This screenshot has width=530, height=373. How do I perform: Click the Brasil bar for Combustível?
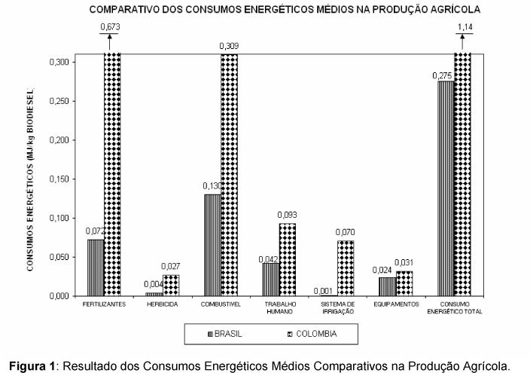212,245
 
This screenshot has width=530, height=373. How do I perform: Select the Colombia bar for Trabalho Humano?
287,259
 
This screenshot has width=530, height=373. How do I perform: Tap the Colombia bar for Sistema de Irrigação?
345,268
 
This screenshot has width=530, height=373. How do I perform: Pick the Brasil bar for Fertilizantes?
96,268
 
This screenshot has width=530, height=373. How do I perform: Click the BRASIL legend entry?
224,332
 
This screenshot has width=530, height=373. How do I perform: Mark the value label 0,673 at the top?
111,28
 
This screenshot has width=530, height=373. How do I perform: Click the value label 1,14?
465,28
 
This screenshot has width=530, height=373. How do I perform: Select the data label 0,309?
230,47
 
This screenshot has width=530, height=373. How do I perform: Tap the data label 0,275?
442,75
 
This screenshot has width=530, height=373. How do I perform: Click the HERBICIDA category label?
163,304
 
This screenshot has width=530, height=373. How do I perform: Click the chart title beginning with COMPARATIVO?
284,10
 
